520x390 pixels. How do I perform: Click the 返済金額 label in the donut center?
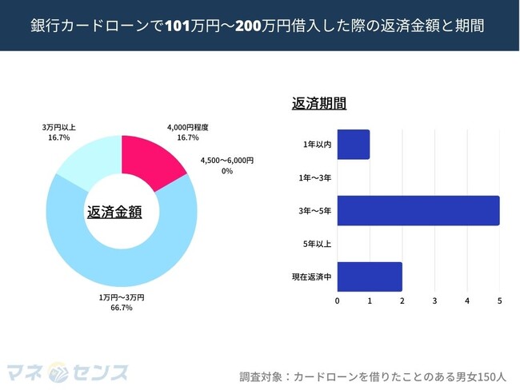click(x=114, y=212)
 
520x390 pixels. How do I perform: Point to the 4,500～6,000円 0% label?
click(x=226, y=165)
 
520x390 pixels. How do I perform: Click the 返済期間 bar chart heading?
click(x=319, y=104)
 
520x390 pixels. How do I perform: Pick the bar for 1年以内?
click(x=354, y=144)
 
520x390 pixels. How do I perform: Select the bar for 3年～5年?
click(x=418, y=210)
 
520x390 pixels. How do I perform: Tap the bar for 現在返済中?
click(x=370, y=276)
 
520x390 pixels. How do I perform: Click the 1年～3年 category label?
click(x=314, y=177)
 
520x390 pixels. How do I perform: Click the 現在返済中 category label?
click(x=311, y=277)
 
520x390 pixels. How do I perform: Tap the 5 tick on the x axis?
click(x=499, y=301)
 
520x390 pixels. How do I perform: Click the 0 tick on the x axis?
click(x=338, y=301)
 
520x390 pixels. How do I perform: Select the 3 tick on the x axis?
click(x=434, y=301)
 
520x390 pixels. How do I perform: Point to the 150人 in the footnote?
click(x=494, y=376)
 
